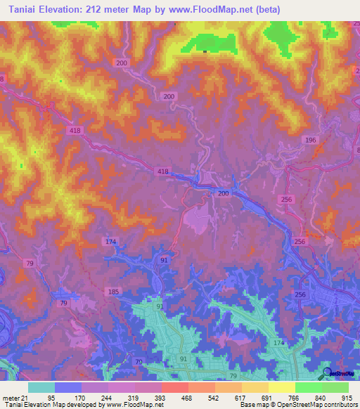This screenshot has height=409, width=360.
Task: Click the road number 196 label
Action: pyautogui.click(x=311, y=141)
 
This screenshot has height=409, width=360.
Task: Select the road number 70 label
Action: pyautogui.click(x=137, y=363)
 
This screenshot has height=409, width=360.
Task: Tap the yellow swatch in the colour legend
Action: pyautogui.click(x=281, y=387)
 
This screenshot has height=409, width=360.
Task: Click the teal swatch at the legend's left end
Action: pyautogui.click(x=41, y=387)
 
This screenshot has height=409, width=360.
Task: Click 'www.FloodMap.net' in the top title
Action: pyautogui.click(x=220, y=9)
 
